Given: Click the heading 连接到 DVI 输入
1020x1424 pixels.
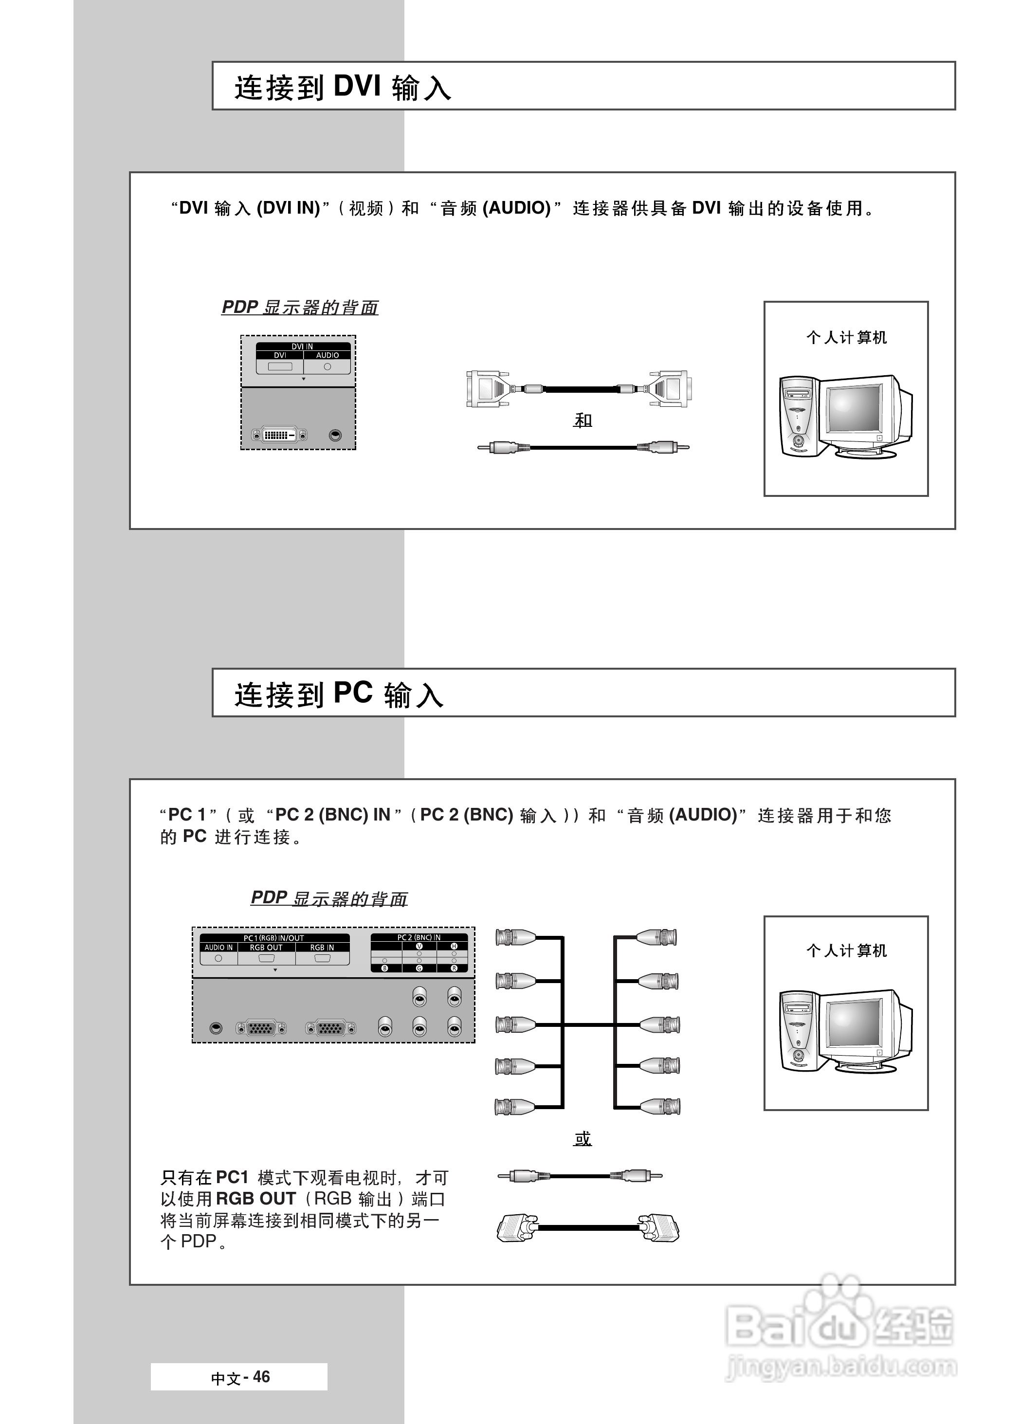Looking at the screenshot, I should coord(342,87).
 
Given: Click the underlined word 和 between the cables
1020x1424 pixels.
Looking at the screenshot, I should coord(583,420).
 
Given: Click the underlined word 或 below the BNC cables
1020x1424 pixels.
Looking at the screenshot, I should coord(583,1138).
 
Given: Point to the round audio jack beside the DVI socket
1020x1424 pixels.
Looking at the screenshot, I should coord(335,435).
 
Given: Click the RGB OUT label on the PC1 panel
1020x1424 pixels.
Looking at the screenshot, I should coord(266,948).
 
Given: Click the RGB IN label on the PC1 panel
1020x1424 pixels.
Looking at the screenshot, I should coord(322,948).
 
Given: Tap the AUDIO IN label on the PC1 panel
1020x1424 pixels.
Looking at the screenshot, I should coord(219,948).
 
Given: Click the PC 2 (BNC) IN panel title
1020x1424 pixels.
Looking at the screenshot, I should coord(419,937).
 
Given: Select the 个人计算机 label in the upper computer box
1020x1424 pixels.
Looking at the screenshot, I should coord(846,338).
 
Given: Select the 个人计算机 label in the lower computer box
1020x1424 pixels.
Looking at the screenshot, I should coord(846,950).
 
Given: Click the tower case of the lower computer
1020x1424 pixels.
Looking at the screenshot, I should coord(797,1030).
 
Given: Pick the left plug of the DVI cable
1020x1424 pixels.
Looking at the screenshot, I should coord(487,389).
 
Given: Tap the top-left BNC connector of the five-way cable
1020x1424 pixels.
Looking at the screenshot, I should coord(515,937).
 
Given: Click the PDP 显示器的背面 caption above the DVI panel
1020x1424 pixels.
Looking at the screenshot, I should coord(300,307).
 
